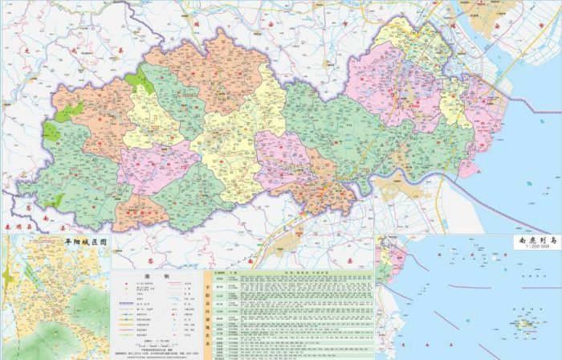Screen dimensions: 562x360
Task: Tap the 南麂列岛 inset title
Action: tap(533, 239)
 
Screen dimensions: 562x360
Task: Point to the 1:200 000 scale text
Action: tap(533, 247)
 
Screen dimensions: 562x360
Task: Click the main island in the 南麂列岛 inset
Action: tap(527, 325)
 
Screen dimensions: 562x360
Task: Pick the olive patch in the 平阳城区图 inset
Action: tap(7, 277)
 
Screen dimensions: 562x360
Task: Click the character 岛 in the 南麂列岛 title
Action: tap(552, 239)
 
